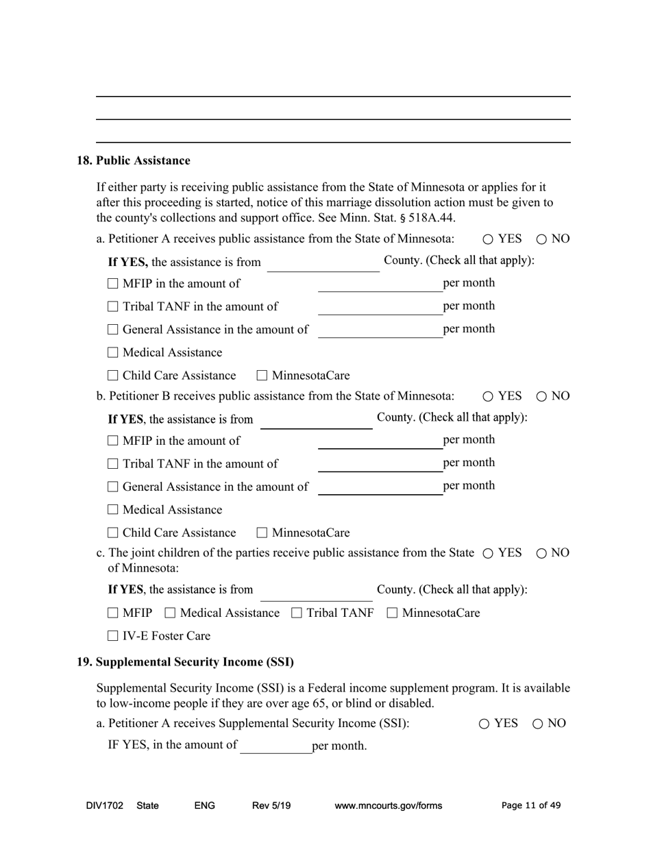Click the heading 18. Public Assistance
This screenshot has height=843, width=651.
(133, 160)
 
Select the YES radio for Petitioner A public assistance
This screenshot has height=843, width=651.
(488, 239)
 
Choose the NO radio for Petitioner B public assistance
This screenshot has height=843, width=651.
(541, 396)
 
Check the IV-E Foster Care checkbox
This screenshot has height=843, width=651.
(113, 636)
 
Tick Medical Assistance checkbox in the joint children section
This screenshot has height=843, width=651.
(171, 613)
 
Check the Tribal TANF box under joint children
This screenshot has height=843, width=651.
(297, 613)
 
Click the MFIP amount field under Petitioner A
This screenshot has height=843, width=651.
(380, 284)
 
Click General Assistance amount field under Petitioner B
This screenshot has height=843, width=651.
(380, 487)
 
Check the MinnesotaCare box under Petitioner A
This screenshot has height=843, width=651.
(262, 376)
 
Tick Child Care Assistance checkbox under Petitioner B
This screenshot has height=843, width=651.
(113, 533)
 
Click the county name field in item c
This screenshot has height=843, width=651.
(316, 591)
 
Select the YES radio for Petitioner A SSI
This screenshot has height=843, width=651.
(484, 724)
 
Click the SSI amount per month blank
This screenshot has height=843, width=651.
(275, 746)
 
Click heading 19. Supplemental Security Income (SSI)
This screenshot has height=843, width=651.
(185, 662)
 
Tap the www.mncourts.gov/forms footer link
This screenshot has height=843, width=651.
(388, 806)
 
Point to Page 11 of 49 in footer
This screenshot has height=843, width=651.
(531, 806)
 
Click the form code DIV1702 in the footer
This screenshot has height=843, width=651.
(105, 806)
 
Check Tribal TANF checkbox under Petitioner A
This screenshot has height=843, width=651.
(113, 307)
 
